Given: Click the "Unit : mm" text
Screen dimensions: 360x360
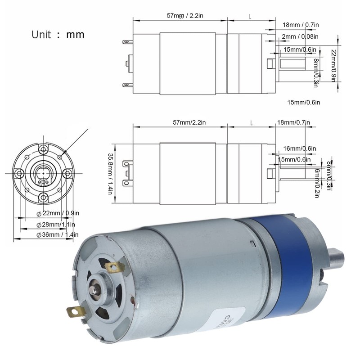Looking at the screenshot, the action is (58, 34).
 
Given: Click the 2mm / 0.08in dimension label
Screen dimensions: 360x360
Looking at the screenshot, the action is (300, 36).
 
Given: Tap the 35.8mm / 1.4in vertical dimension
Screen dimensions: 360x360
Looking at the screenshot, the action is (109, 173).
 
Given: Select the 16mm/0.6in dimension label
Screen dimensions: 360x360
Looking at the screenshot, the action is (300, 148).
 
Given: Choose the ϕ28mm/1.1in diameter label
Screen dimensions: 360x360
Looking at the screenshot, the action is (55, 224).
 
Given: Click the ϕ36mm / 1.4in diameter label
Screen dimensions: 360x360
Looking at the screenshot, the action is (57, 234).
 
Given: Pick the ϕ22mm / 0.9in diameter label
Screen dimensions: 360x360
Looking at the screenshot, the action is (57, 213).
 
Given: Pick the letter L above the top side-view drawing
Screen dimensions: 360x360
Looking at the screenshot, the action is (250, 16).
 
